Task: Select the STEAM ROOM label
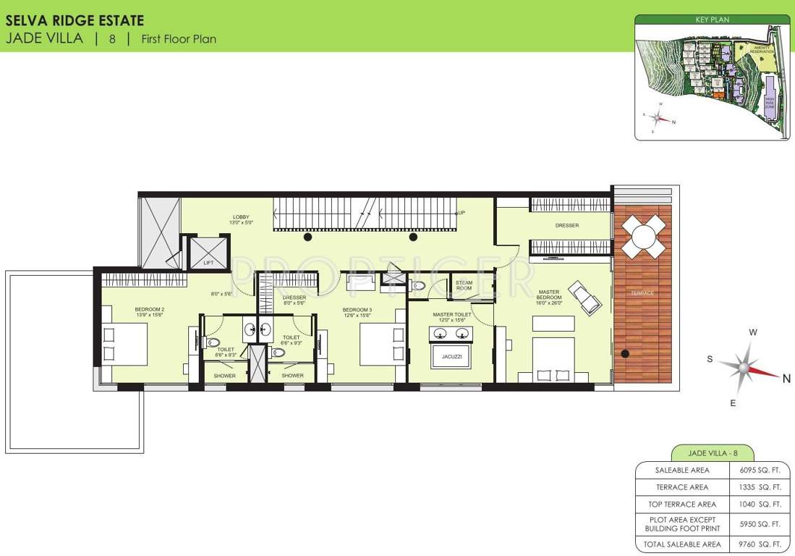point(464,285)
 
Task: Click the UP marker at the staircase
point(462,214)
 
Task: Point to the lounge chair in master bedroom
point(584,298)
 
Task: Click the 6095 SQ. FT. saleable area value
point(760,470)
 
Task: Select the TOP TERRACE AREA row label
point(681,504)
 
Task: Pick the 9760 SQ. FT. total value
point(760,544)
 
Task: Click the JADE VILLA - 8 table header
point(712,453)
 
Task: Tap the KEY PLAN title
point(712,20)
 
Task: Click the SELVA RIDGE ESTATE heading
point(75,21)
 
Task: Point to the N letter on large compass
point(786,376)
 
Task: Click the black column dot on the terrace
point(626,354)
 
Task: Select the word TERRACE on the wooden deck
point(642,293)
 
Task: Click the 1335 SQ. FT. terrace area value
point(760,487)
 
